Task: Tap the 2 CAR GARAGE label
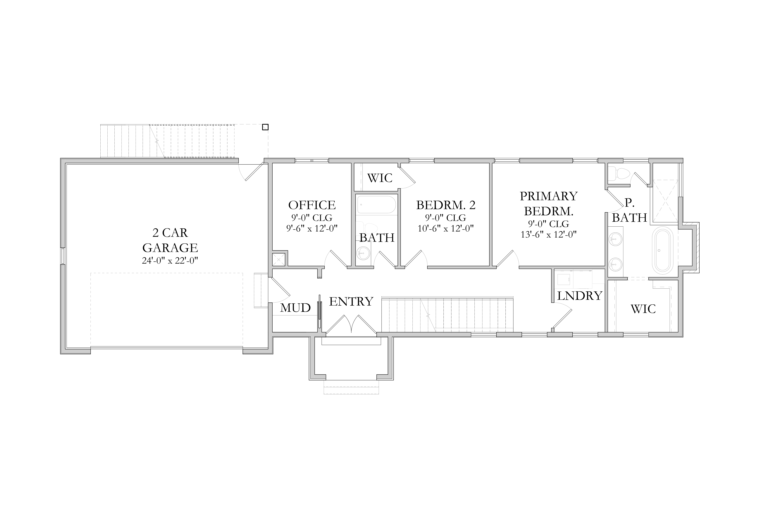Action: [170, 240]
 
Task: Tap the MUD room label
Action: [295, 308]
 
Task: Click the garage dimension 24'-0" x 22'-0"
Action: [170, 261]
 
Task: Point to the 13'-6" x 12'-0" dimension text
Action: [549, 234]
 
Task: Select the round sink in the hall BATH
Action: [363, 253]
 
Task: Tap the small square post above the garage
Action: [265, 127]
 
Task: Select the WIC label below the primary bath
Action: [643, 309]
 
